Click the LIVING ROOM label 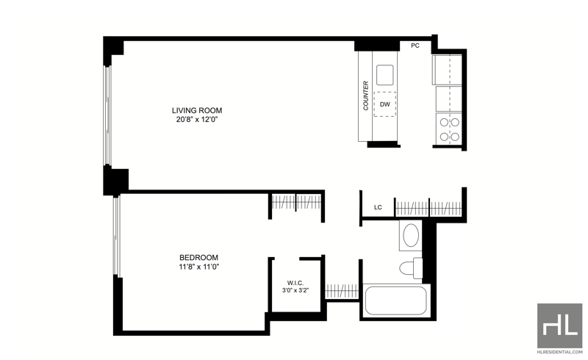pos(197,110)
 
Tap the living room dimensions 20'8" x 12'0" pos(197,120)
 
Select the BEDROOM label pos(198,258)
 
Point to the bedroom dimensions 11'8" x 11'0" pos(198,267)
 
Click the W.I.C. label pos(295,283)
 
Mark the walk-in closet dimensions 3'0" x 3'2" pos(295,290)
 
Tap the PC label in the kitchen pos(415,46)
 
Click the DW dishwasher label pos(385,104)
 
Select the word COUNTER pos(365,96)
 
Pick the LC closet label pos(378,207)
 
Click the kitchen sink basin pos(385,75)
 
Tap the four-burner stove pos(449,129)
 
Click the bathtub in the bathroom pos(395,300)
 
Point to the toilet pos(412,268)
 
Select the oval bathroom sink pos(411,236)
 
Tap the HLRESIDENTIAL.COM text pos(560,352)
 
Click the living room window pos(107,115)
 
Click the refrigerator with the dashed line pos(448,70)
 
